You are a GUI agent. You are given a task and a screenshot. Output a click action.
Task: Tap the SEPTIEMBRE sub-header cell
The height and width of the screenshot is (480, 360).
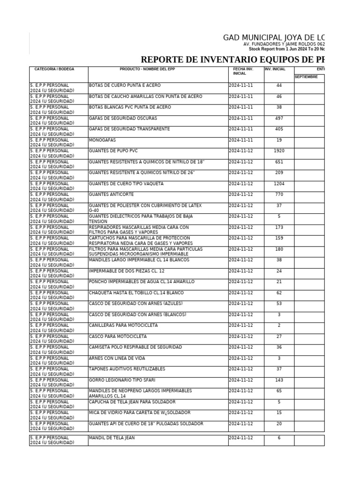point(306,76)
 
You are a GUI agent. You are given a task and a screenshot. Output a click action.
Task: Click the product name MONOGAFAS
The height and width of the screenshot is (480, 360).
point(102,140)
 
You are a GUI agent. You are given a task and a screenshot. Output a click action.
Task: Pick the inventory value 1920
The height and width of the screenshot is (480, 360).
point(279,151)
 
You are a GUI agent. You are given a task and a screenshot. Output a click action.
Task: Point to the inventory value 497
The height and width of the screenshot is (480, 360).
point(279,118)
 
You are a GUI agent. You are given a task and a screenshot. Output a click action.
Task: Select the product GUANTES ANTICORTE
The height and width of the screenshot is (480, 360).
point(111,195)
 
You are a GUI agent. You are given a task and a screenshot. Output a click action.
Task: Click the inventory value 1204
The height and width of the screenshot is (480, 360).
point(279,184)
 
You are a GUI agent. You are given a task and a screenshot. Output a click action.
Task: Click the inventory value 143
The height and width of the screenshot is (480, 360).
point(279,380)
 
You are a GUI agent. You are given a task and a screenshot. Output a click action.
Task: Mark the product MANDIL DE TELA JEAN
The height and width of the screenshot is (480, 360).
point(112,438)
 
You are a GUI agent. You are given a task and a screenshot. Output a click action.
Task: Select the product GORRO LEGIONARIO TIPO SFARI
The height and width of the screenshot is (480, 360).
point(122,380)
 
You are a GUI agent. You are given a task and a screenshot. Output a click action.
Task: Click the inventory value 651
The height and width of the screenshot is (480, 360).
point(279,162)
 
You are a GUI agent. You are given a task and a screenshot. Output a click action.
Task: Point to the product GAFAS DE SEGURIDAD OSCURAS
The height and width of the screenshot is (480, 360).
point(123,118)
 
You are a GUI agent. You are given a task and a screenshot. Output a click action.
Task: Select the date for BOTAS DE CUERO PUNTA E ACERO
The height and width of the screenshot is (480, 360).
point(240,85)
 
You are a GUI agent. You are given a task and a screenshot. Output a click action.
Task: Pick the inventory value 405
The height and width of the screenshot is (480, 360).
point(279,129)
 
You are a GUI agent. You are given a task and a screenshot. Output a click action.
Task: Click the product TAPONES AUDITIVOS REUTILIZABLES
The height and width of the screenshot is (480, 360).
point(127,369)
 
